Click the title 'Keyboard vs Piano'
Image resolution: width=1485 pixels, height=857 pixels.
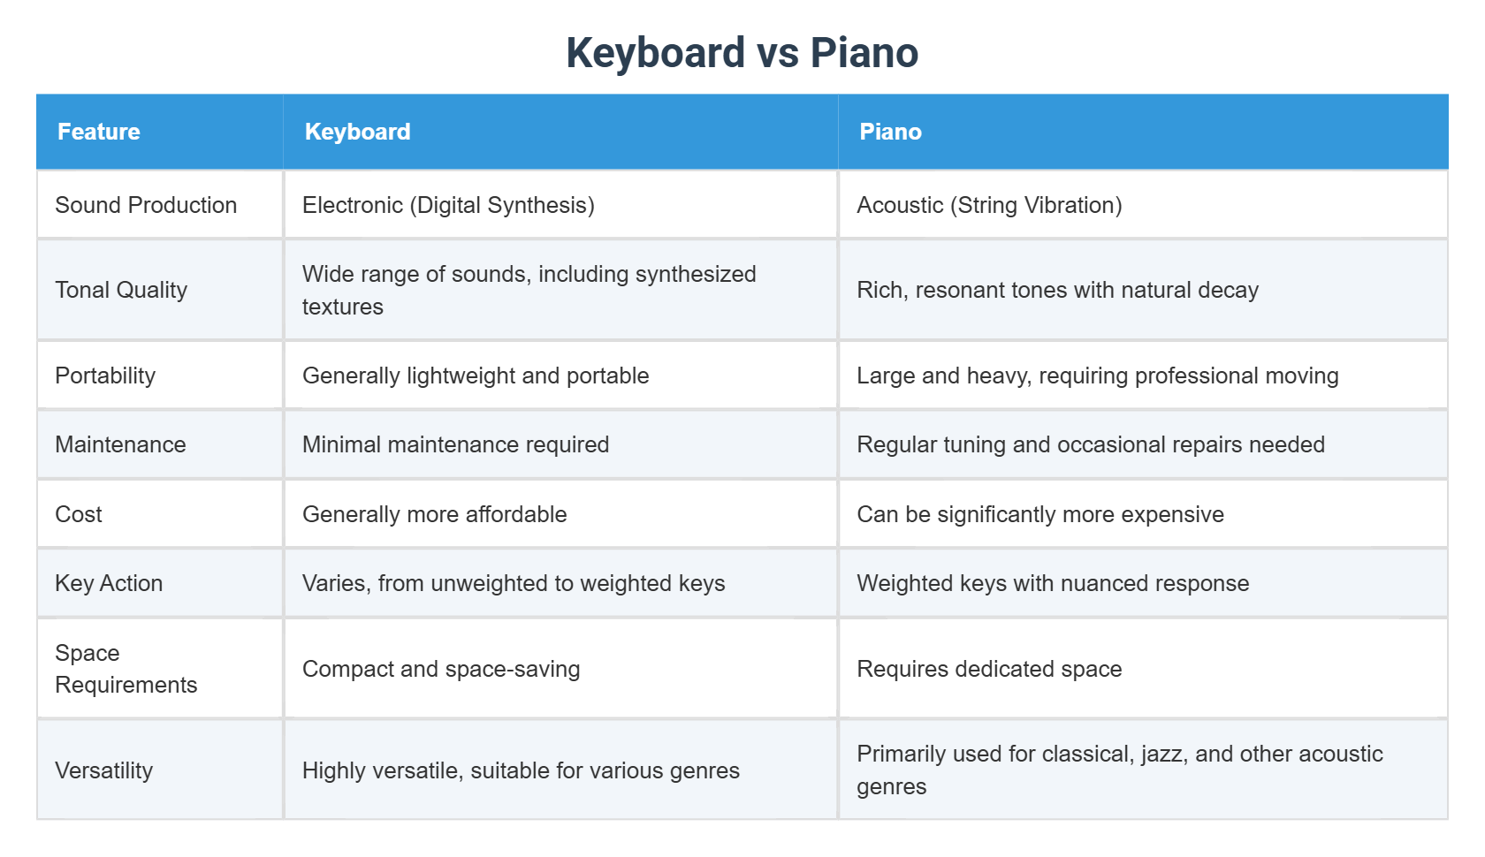pyautogui.click(x=742, y=53)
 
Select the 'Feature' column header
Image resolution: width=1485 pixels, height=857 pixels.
pyautogui.click(x=99, y=132)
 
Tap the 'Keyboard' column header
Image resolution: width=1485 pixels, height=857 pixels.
pyautogui.click(x=357, y=132)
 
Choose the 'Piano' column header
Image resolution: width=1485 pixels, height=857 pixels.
pyautogui.click(x=890, y=132)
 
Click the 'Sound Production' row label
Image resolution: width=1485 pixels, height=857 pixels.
pyautogui.click(x=146, y=205)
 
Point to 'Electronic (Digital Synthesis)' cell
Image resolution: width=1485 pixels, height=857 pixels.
pyautogui.click(x=448, y=205)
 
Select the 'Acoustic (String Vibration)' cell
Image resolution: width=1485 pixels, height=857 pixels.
pyautogui.click(x=989, y=205)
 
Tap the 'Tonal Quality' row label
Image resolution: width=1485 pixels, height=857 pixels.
pyautogui.click(x=121, y=290)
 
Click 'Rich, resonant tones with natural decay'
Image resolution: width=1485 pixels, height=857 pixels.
pyautogui.click(x=1057, y=290)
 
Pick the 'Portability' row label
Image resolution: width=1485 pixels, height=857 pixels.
pyautogui.click(x=105, y=375)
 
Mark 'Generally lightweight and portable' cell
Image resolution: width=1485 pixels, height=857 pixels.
pyautogui.click(x=476, y=375)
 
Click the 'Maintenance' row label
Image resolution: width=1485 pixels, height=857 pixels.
pyautogui.click(x=120, y=444)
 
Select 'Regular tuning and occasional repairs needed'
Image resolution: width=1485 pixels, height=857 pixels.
pyautogui.click(x=1091, y=444)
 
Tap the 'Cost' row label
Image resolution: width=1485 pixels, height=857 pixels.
pyautogui.click(x=79, y=514)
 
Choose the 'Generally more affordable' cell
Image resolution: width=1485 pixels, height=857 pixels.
pyautogui.click(x=434, y=514)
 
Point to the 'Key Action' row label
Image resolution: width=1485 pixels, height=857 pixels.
pyautogui.click(x=109, y=583)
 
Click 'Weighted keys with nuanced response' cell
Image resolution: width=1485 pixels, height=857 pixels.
pyautogui.click(x=1053, y=583)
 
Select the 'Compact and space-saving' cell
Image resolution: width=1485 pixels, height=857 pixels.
pyautogui.click(x=441, y=669)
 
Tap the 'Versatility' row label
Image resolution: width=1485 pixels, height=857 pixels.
pyautogui.click(x=103, y=770)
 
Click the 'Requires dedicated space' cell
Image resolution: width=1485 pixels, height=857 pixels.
pyautogui.click(x=989, y=669)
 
